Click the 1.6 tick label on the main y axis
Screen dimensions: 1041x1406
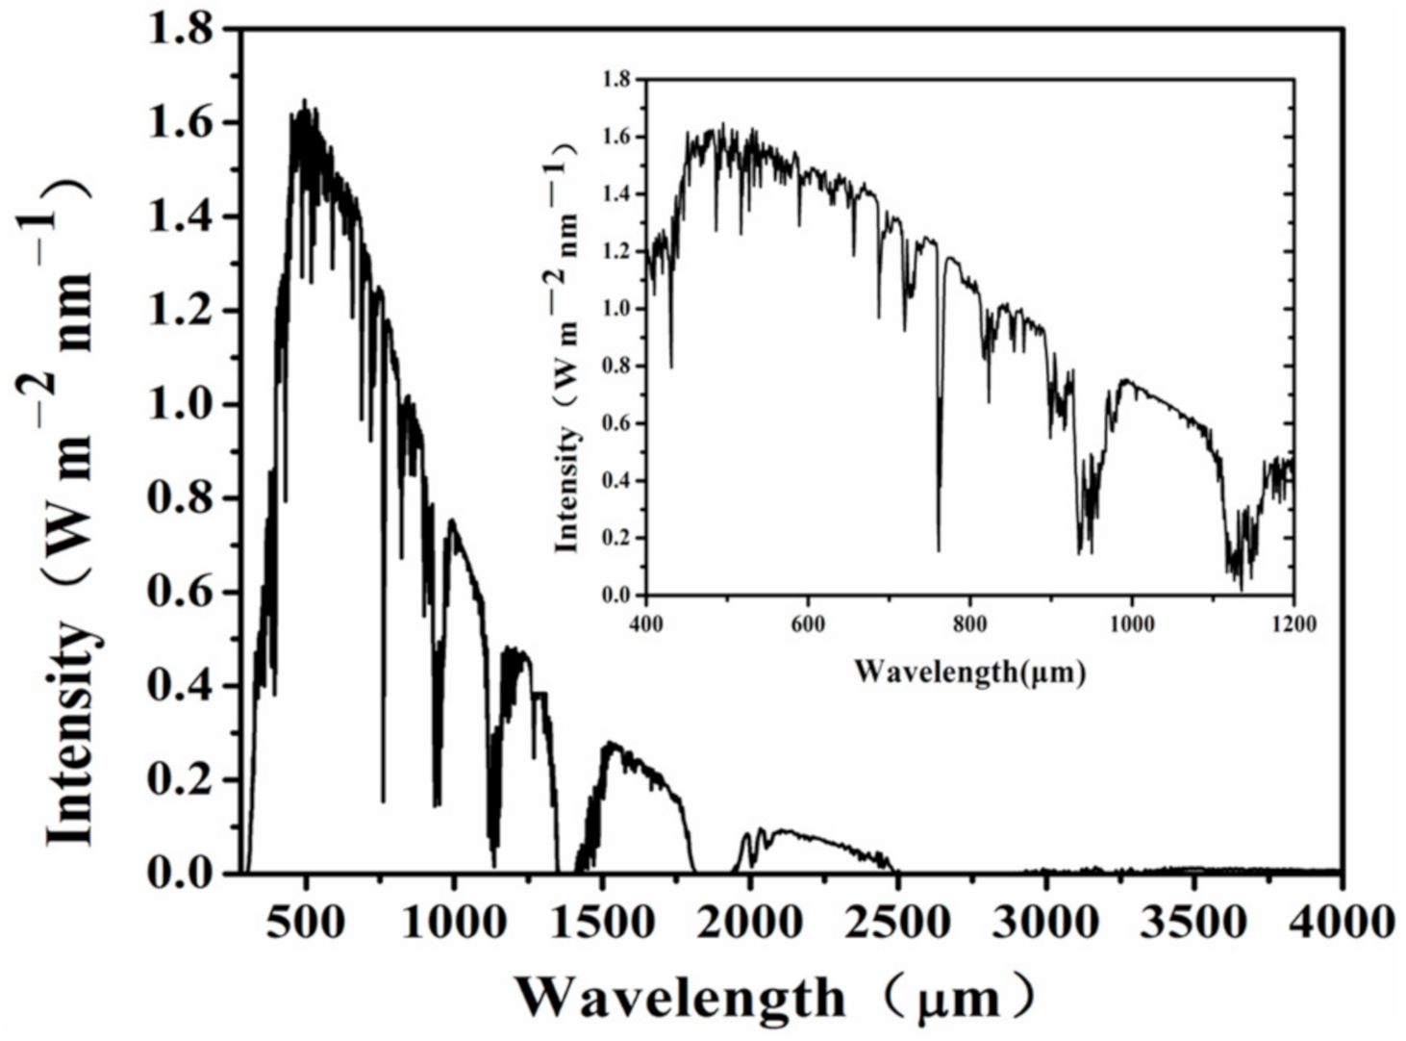180,123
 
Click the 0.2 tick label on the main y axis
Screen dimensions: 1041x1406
180,779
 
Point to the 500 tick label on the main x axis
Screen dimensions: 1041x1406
305,922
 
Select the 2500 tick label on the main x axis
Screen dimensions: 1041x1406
895,922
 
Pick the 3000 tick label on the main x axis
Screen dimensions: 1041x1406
1044,922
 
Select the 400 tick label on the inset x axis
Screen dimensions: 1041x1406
646,624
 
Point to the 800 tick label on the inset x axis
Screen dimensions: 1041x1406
969,624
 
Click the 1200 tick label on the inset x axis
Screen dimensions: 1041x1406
1293,624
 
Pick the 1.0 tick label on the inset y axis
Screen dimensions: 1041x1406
617,309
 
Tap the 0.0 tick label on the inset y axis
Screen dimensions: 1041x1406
617,596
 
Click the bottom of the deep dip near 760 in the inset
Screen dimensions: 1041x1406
939,550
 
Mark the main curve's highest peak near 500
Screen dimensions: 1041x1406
305,100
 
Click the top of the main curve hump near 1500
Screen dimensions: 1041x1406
608,744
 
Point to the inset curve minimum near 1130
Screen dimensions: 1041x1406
1242,589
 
